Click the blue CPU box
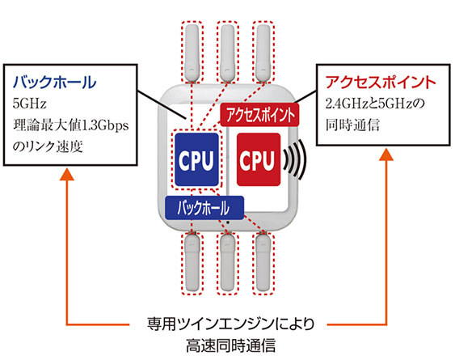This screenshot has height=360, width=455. [x=196, y=159]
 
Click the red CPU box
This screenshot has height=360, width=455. [x=259, y=159]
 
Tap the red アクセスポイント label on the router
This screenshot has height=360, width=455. [x=259, y=115]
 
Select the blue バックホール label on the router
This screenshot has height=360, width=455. [x=204, y=207]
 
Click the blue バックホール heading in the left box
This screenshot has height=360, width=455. [x=54, y=83]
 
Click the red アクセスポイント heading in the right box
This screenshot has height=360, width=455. [x=381, y=83]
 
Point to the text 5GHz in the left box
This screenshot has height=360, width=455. [x=29, y=104]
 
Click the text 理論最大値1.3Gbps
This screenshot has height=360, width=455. [x=70, y=125]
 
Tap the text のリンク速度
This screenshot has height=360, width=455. [x=48, y=146]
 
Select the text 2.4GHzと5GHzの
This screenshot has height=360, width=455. [x=375, y=104]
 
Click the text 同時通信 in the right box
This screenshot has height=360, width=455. [x=352, y=125]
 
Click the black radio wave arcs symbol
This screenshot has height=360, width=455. [x=295, y=159]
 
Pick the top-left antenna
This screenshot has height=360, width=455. [x=192, y=53]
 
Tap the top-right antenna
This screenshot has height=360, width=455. [x=263, y=53]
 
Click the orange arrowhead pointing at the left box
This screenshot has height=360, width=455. [x=67, y=174]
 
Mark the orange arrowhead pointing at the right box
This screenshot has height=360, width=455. [x=386, y=155]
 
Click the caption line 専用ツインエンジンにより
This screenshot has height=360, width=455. [x=230, y=324]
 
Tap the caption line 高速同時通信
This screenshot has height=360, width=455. [x=230, y=345]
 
